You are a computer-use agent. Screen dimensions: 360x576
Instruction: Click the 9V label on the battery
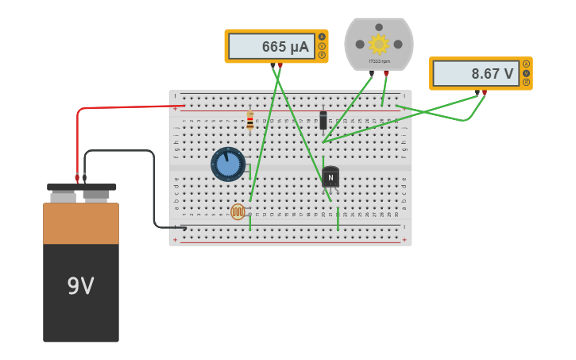(80, 286)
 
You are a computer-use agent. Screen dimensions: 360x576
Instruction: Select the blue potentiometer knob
(228, 164)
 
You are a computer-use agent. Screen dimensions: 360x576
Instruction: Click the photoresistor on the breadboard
(238, 211)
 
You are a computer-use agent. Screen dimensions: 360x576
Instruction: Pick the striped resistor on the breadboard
(250, 120)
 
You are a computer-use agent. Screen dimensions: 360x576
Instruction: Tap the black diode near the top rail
(323, 120)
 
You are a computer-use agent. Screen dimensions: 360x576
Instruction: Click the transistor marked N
(331, 178)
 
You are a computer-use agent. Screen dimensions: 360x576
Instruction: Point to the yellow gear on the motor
(379, 45)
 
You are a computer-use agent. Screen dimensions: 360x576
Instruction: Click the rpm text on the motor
(379, 61)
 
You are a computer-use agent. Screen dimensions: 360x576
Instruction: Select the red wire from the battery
(119, 107)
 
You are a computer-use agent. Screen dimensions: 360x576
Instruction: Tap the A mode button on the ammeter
(322, 37)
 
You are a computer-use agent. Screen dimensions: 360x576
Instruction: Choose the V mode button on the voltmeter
(526, 73)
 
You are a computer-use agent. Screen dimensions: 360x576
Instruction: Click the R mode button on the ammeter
(322, 55)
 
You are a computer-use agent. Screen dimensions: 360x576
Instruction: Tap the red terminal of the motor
(387, 73)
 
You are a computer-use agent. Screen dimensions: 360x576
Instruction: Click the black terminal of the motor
(371, 73)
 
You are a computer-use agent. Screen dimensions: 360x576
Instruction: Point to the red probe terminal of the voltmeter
(485, 92)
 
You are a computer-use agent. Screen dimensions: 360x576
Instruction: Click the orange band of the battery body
(81, 223)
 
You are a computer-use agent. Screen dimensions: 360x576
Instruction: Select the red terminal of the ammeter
(280, 65)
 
